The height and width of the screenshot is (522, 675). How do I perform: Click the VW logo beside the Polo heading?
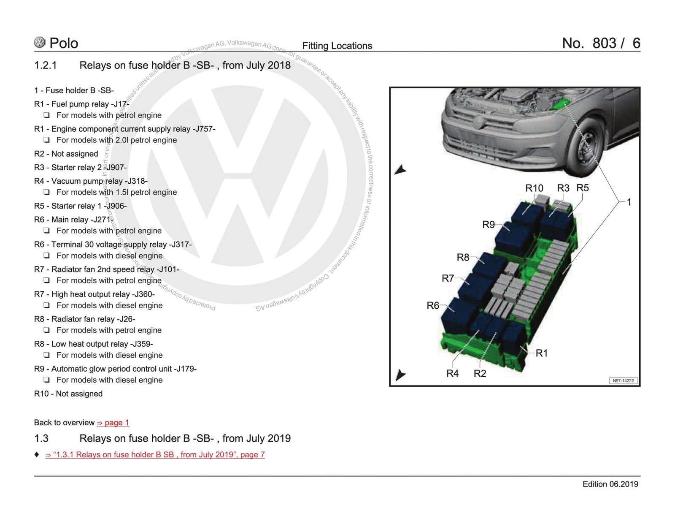pos(40,42)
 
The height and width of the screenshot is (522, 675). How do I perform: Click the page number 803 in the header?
pos(604,43)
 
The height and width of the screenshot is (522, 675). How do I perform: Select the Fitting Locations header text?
pos(337,46)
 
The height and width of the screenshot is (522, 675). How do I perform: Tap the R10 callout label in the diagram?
pos(534,188)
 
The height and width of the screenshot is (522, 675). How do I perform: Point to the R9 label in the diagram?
pos(488,225)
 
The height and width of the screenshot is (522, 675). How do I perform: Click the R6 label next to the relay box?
pos(433,305)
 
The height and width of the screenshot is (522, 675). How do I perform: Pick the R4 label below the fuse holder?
pos(452,373)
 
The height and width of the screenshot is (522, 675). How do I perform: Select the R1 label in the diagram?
pos(541,353)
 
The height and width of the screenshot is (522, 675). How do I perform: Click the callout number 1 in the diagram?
pos(629,202)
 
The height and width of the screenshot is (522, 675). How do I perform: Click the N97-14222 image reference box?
pos(623,381)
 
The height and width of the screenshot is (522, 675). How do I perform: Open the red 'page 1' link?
pos(113,423)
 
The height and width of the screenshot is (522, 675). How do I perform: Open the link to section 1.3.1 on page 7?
pos(155,455)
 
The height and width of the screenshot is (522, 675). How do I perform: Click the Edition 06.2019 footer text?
pos(610,484)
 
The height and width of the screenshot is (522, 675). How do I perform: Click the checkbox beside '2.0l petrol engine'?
pos(47,140)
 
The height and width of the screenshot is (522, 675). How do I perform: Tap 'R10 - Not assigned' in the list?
pos(68,394)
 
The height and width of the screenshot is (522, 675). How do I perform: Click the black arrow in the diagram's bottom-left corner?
pos(400,374)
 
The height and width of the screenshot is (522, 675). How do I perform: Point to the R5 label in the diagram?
pos(582,188)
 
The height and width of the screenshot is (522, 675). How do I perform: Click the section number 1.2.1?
pos(45,65)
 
